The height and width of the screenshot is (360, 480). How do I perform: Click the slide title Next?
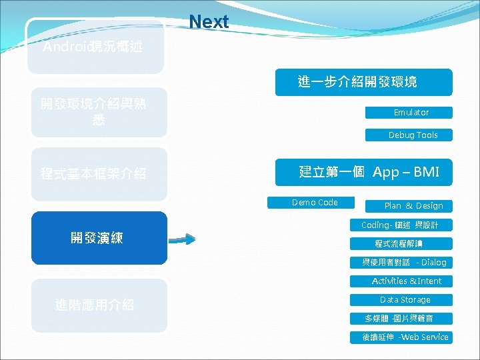[x=209, y=22]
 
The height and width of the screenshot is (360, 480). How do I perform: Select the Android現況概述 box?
[x=95, y=47]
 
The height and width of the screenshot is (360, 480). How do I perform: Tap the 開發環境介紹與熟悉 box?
[x=95, y=112]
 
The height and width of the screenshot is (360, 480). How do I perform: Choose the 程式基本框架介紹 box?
[x=95, y=174]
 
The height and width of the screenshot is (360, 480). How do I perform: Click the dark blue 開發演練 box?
[x=99, y=238]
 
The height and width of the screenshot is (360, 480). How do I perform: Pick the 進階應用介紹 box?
[x=95, y=305]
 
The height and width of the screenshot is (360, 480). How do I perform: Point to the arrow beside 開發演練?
[x=180, y=239]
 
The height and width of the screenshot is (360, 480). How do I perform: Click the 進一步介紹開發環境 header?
[x=363, y=82]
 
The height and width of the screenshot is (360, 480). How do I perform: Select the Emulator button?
[x=409, y=113]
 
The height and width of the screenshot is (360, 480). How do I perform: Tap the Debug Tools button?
[x=409, y=135]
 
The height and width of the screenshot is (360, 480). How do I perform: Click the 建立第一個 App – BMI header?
[x=363, y=173]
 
